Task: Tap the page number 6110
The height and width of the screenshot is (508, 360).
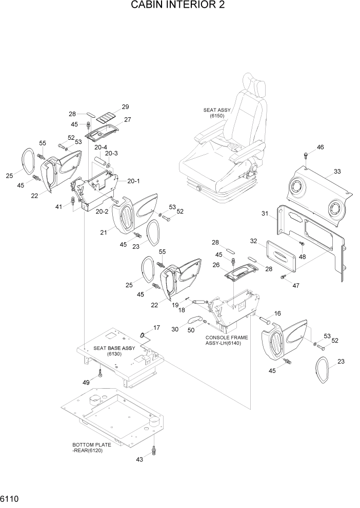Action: (x=11, y=498)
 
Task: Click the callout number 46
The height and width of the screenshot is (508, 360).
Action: (x=320, y=147)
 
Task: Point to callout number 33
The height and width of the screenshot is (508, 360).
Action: (x=337, y=172)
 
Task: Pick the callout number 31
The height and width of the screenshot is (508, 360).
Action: (x=265, y=213)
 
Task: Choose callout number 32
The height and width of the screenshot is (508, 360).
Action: (x=253, y=240)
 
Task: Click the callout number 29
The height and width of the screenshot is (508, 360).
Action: (x=125, y=107)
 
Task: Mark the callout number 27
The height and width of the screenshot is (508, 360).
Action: (x=128, y=120)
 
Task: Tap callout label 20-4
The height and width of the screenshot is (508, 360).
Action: (x=101, y=147)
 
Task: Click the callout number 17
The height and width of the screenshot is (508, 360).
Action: (x=156, y=327)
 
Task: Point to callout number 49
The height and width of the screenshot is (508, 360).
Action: (x=86, y=383)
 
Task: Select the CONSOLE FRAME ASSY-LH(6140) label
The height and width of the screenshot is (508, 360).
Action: (x=226, y=341)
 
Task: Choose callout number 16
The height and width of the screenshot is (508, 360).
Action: (x=277, y=313)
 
